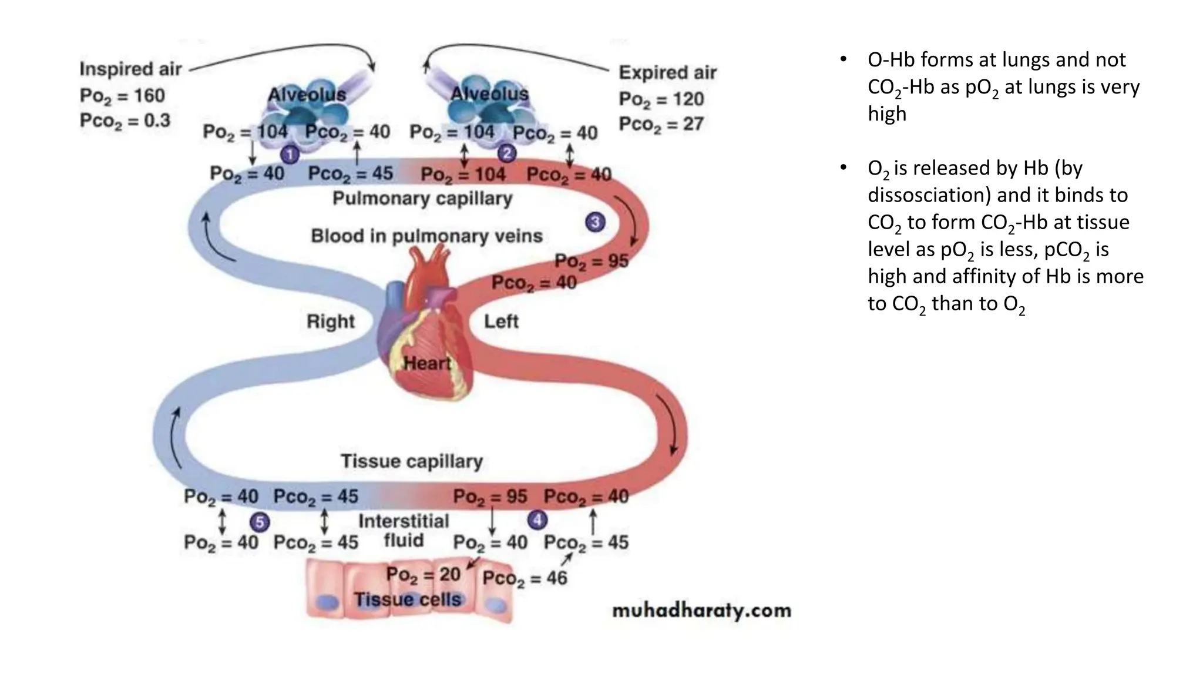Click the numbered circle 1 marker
coord(290,155)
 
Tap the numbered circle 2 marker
coord(506,154)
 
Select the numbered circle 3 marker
coord(595,222)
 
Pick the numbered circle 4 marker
coord(537,520)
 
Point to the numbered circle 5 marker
coord(259,522)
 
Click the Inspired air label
coord(130,69)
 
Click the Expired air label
coord(667,73)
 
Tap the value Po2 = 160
coord(122,96)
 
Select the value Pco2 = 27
coord(661,125)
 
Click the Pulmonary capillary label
coord(422,199)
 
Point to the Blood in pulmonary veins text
coord(426,236)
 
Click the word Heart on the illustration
coord(427,363)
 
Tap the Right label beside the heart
coord(331,321)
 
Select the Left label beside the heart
coord(501,321)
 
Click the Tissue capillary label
coord(412,461)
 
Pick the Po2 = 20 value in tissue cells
coord(423,574)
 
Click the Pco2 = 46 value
coord(525,578)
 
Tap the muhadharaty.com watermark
coord(701,611)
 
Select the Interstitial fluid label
coord(404,531)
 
